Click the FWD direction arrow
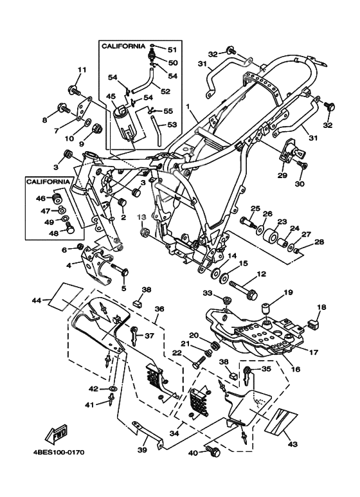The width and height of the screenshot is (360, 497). [x=57, y=433]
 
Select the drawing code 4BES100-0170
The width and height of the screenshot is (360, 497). [x=59, y=452]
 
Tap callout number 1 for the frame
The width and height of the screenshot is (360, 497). [x=188, y=107]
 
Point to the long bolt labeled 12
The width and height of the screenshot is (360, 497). [x=243, y=289]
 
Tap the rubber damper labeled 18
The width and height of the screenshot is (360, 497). [x=313, y=324]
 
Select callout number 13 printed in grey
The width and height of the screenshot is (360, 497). [x=141, y=217]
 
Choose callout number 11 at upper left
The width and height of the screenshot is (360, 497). [x=82, y=69]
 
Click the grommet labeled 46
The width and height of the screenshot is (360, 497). [x=57, y=200]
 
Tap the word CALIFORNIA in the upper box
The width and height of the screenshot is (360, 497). [x=123, y=46]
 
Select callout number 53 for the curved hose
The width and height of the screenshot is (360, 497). [x=172, y=125]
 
